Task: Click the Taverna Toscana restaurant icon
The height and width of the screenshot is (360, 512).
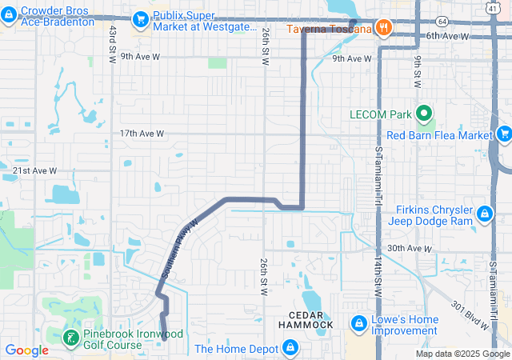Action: click(x=385, y=26)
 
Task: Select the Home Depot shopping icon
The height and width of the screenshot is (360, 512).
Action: click(x=290, y=348)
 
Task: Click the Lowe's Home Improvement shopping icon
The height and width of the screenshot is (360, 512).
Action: click(x=358, y=323)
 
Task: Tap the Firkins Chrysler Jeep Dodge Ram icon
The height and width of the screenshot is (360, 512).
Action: click(x=485, y=214)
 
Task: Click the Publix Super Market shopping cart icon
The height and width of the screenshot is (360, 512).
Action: click(x=142, y=18)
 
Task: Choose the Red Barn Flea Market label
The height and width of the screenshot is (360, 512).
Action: click(x=439, y=135)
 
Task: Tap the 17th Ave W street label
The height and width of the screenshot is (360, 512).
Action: click(x=142, y=134)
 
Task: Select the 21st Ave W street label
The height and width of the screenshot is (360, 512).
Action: click(x=35, y=170)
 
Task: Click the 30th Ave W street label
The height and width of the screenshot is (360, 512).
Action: click(x=409, y=249)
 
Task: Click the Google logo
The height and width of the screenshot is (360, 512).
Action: click(x=27, y=350)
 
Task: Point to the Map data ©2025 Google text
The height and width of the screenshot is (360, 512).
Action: click(x=462, y=354)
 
